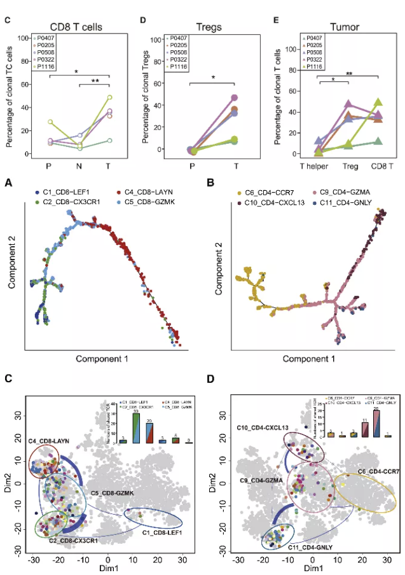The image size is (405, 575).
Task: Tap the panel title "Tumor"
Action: [x=346, y=27]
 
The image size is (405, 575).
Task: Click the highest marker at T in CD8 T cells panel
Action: [x=109, y=97]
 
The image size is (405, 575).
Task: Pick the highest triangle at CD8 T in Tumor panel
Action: [x=378, y=102]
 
